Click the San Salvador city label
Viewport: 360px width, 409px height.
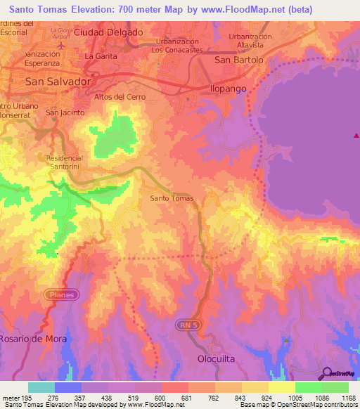click(x=58, y=82)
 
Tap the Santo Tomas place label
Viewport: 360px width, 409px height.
click(x=172, y=199)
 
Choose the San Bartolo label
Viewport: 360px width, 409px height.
click(x=238, y=60)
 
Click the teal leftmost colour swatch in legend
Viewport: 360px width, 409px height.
click(x=41, y=387)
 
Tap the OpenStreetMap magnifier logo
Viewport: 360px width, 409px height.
click(x=327, y=373)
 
